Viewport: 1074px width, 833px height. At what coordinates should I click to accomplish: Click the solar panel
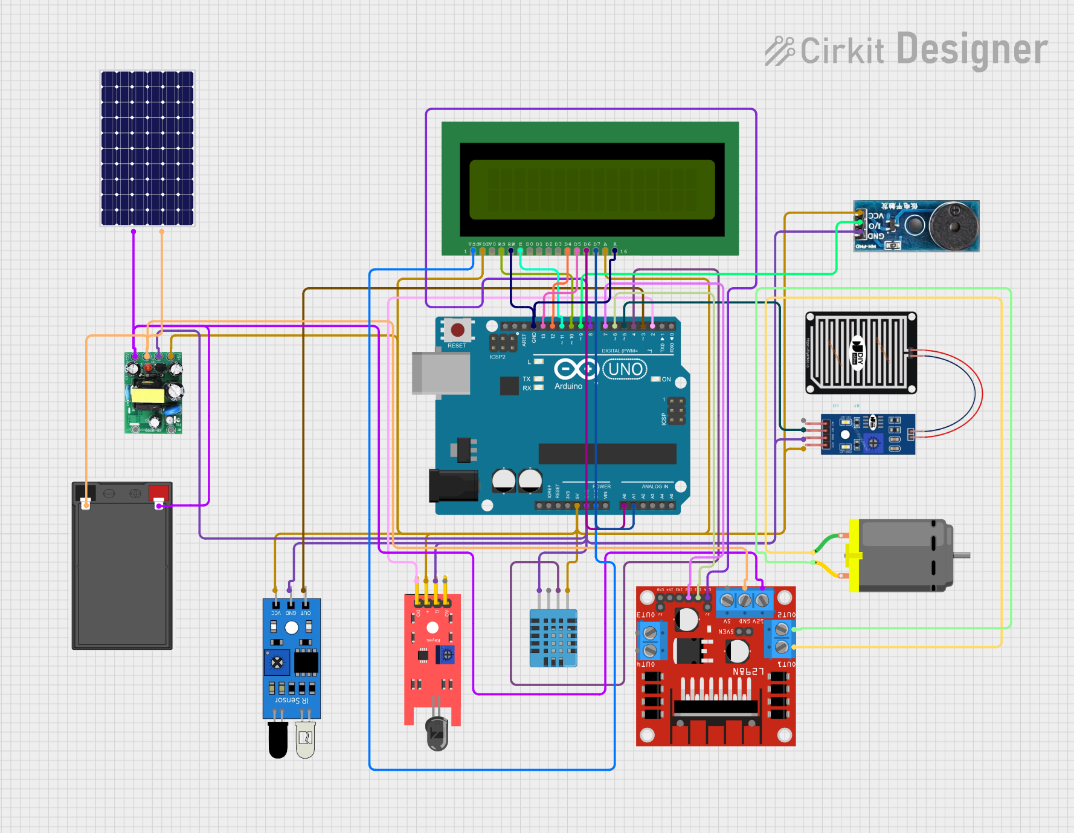[147, 148]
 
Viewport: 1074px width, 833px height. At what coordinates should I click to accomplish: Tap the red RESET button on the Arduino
[457, 330]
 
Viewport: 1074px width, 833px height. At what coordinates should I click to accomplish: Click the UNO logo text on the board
[625, 369]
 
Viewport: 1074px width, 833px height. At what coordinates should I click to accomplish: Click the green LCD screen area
[592, 189]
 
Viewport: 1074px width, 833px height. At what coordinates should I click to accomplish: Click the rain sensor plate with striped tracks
[860, 353]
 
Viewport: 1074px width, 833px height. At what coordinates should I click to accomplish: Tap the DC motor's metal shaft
[962, 555]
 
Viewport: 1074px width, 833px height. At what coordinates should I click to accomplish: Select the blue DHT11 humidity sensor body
[553, 638]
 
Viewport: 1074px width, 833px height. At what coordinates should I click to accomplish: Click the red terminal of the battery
[159, 491]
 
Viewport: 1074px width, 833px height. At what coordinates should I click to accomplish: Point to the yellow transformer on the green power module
[148, 395]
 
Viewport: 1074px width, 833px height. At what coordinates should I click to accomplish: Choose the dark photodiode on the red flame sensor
[437, 733]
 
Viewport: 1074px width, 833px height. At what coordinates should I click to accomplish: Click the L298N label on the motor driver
[748, 672]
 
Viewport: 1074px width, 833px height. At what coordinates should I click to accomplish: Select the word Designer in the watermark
[972, 50]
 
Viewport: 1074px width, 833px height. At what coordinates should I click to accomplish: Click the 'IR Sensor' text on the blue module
[292, 700]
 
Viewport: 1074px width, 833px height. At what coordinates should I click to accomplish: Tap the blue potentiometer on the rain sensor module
[872, 444]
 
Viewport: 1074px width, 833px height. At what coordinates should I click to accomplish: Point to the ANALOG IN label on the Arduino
[655, 487]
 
